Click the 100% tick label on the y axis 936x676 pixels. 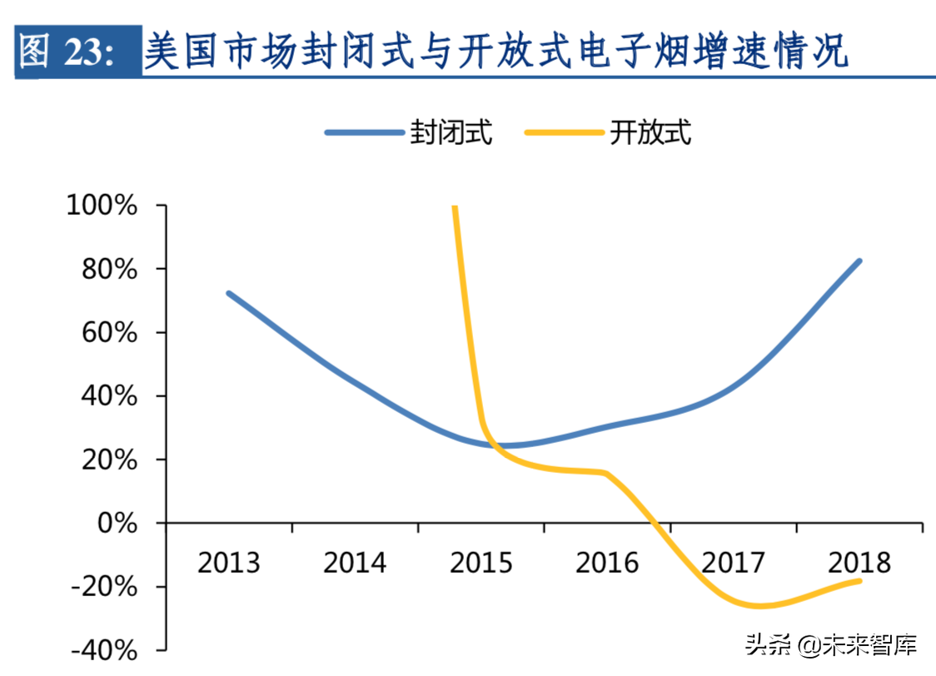pos(102,205)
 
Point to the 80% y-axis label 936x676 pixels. pos(109,269)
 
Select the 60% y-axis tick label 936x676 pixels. pos(109,332)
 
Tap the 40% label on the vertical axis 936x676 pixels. pos(109,396)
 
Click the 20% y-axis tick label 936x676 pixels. pos(109,460)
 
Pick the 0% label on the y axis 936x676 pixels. pos(117,524)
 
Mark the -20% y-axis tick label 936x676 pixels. pos(104,587)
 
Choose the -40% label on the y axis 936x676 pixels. pos(104,650)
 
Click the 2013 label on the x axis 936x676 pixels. pos(228,564)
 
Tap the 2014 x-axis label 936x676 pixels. pos(355,564)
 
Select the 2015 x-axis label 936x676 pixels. pos(481,564)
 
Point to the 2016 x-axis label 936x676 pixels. pos(607,564)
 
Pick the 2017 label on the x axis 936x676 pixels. pos(734,564)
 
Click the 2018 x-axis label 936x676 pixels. pos(859,564)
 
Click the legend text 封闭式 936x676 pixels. pos(451,132)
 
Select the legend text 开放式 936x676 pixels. pos(650,132)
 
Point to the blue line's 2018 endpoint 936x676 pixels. pos(859,261)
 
